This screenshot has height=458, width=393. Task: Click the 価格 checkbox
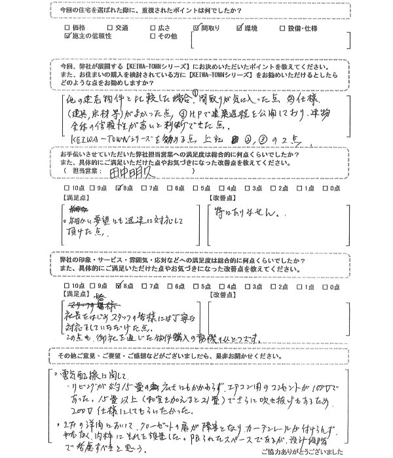(x=67, y=29)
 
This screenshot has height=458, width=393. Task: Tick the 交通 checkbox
(x=109, y=29)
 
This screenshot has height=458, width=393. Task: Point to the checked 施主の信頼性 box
(x=67, y=37)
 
